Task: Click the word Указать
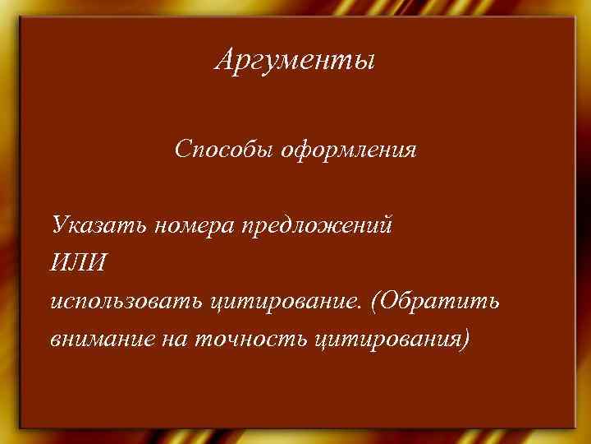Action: tap(98, 224)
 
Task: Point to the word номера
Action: tap(194, 225)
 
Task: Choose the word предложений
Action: tap(316, 225)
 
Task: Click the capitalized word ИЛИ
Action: tap(77, 263)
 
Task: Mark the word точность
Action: tap(250, 339)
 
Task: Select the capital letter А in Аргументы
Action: tap(224, 60)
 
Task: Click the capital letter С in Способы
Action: tap(181, 150)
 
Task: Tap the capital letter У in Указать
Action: tap(58, 224)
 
